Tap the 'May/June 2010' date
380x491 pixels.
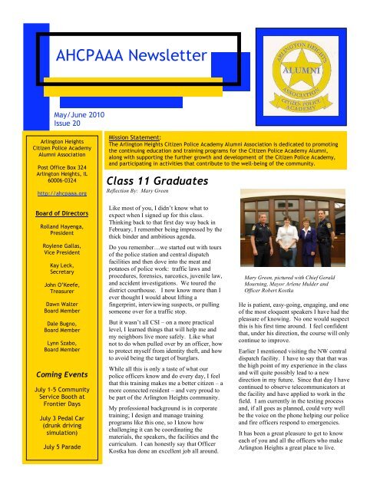click(x=76, y=114)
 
